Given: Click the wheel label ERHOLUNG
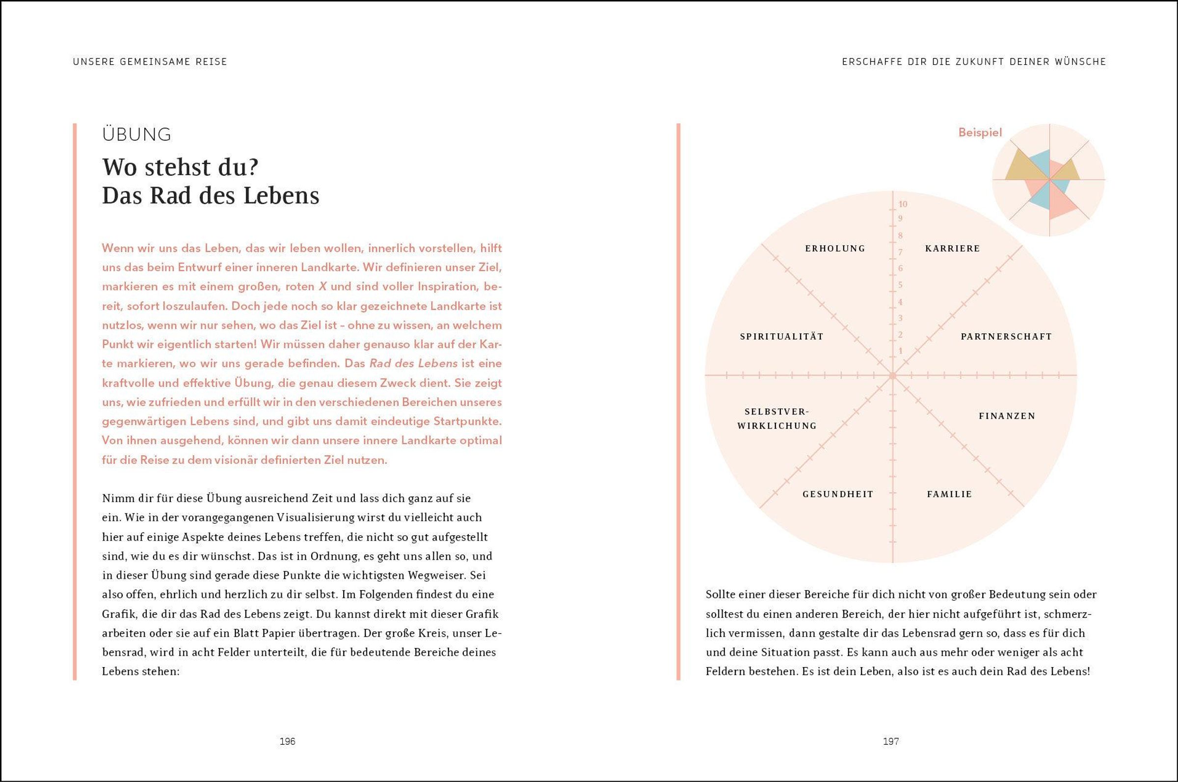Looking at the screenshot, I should (835, 248).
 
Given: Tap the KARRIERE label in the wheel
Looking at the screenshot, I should (952, 248).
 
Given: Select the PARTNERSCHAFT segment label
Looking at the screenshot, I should (1006, 337).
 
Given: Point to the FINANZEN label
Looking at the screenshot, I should (1007, 416).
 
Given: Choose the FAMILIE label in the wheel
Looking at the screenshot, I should (949, 494).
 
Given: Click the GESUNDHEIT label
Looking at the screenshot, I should (837, 494).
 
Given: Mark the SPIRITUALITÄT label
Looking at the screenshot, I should (782, 337).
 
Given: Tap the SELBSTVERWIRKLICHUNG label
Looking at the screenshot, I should (776, 419).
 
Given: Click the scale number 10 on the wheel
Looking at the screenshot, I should (903, 204).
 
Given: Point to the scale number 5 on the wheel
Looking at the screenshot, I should (900, 285).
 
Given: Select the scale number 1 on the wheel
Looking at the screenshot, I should (900, 351).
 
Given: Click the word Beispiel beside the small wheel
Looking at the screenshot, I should (980, 133).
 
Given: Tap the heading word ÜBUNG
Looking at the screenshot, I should (136, 135).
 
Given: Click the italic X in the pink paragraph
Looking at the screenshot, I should (322, 287).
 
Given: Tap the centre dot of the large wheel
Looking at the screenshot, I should (892, 375).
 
